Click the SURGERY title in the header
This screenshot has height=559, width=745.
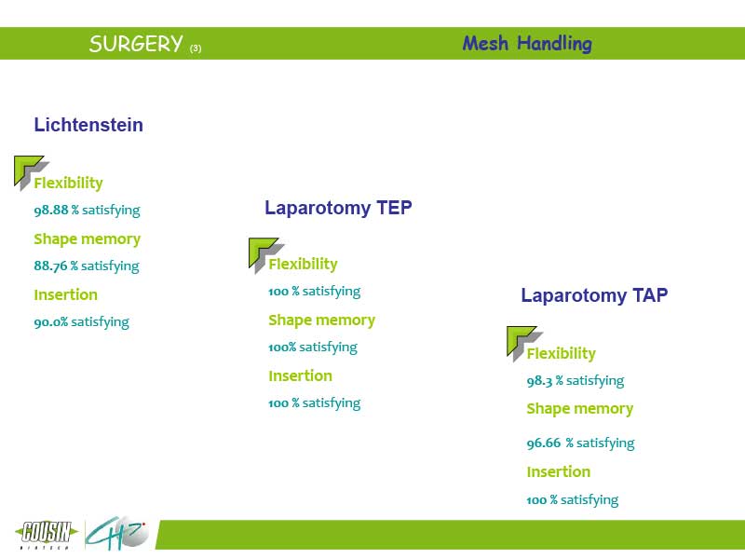click(x=136, y=44)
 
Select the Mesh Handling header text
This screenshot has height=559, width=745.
click(x=527, y=43)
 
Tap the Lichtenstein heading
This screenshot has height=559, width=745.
click(x=88, y=125)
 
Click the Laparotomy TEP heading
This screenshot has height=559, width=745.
click(x=338, y=208)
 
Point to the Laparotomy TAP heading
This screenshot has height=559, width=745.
click(x=594, y=295)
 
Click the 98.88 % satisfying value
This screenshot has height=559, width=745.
click(x=87, y=211)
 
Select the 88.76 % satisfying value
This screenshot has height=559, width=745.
click(x=87, y=266)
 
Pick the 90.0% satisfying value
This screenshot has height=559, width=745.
click(x=81, y=321)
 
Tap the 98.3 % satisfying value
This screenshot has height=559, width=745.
click(x=576, y=381)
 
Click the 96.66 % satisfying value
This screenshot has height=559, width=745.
click(x=580, y=443)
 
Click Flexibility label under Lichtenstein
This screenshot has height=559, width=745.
click(x=68, y=183)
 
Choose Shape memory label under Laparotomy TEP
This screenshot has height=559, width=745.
click(x=321, y=320)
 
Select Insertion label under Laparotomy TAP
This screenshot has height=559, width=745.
click(x=559, y=472)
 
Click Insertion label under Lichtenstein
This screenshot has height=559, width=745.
click(x=65, y=294)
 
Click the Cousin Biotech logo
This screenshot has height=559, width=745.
click(x=47, y=534)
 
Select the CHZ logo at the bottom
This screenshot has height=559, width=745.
click(x=117, y=533)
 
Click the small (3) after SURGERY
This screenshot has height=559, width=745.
click(x=196, y=48)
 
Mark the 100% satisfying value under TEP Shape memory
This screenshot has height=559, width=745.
click(x=313, y=348)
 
